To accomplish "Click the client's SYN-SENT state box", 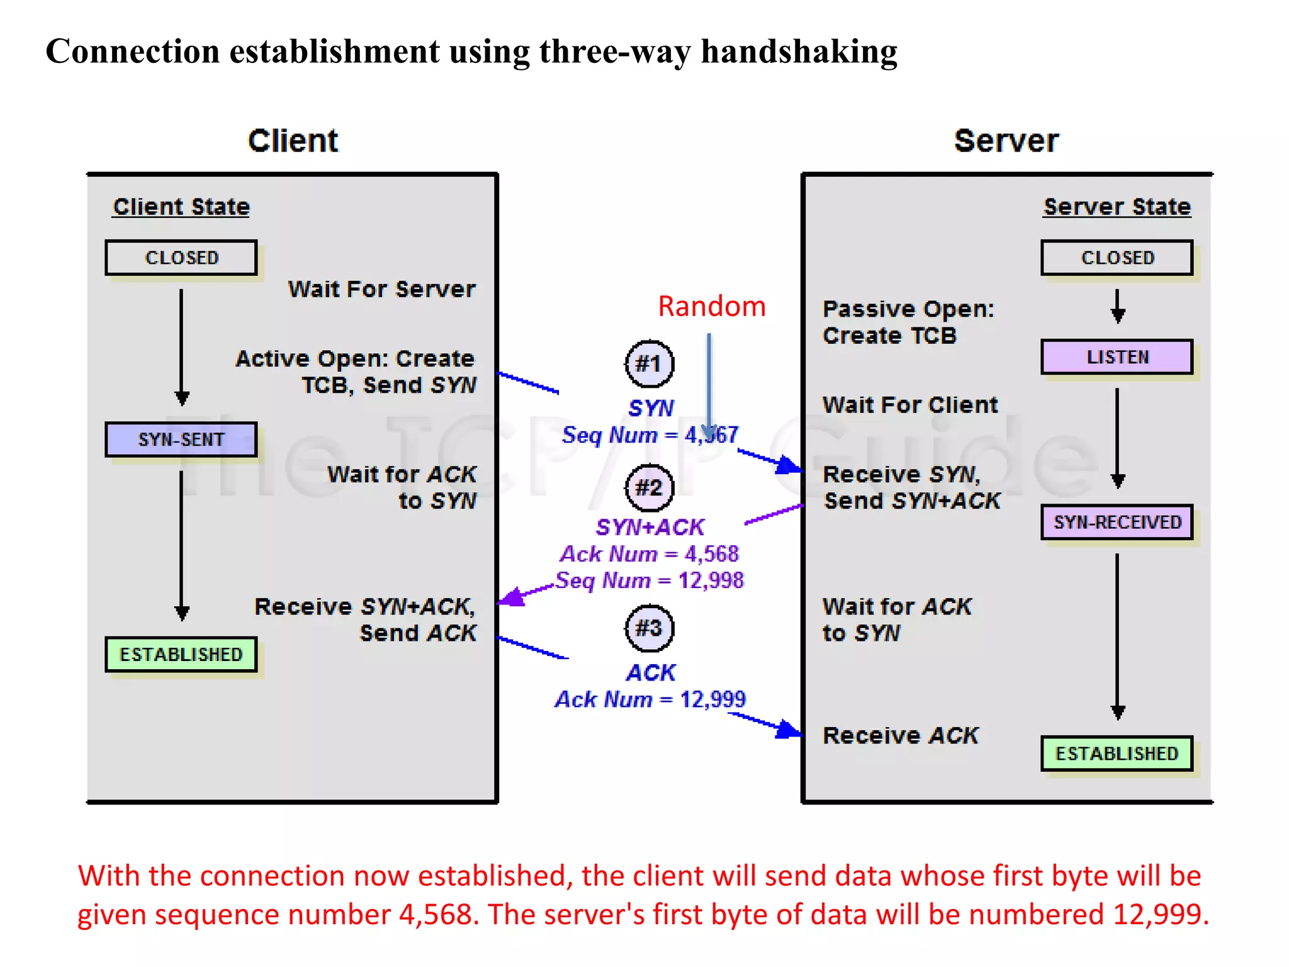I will tap(181, 439).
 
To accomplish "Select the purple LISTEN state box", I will tap(1117, 357).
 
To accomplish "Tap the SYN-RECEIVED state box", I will tap(1117, 522).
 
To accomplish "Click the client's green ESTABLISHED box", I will tap(181, 655).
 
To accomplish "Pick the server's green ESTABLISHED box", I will tap(1117, 754).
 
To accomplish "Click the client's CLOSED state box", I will tap(181, 257).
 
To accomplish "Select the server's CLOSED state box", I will tap(1117, 257).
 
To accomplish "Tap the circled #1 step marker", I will tap(649, 364).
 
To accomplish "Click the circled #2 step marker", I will tap(649, 488).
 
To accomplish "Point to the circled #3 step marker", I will tap(649, 628).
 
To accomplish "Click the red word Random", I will tap(711, 307).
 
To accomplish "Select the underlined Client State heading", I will tap(181, 207).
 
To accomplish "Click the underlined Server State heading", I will tap(1117, 207).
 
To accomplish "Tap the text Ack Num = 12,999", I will tap(650, 699).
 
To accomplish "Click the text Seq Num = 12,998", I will tap(650, 580).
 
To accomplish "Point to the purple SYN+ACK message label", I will tap(650, 528).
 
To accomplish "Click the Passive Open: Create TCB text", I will tap(908, 322).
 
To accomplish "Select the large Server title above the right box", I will tap(1006, 140).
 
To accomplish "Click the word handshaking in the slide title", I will tap(799, 52).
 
